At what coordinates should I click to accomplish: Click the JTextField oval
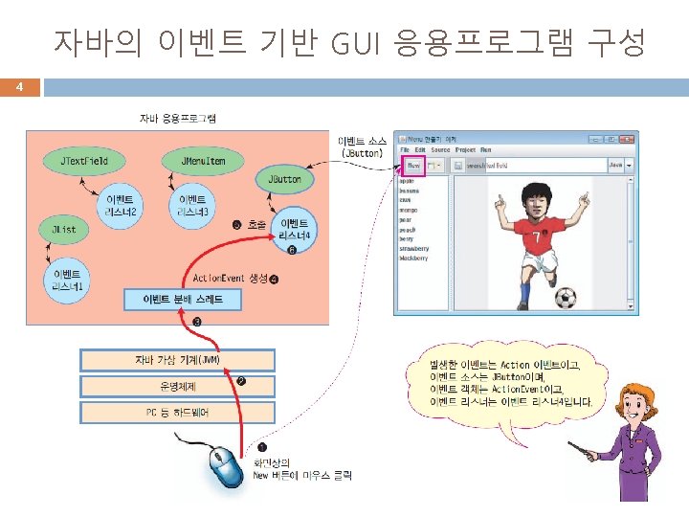pyautogui.click(x=84, y=161)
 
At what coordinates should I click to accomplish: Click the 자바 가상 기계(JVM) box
pyautogui.click(x=177, y=360)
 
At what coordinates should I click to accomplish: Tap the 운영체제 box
pyautogui.click(x=177, y=387)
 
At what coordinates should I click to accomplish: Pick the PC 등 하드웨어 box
pyautogui.click(x=177, y=413)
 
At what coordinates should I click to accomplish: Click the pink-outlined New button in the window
pyautogui.click(x=413, y=166)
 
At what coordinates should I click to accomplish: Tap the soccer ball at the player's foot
pyautogui.click(x=566, y=298)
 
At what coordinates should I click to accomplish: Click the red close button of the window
pyautogui.click(x=630, y=139)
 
